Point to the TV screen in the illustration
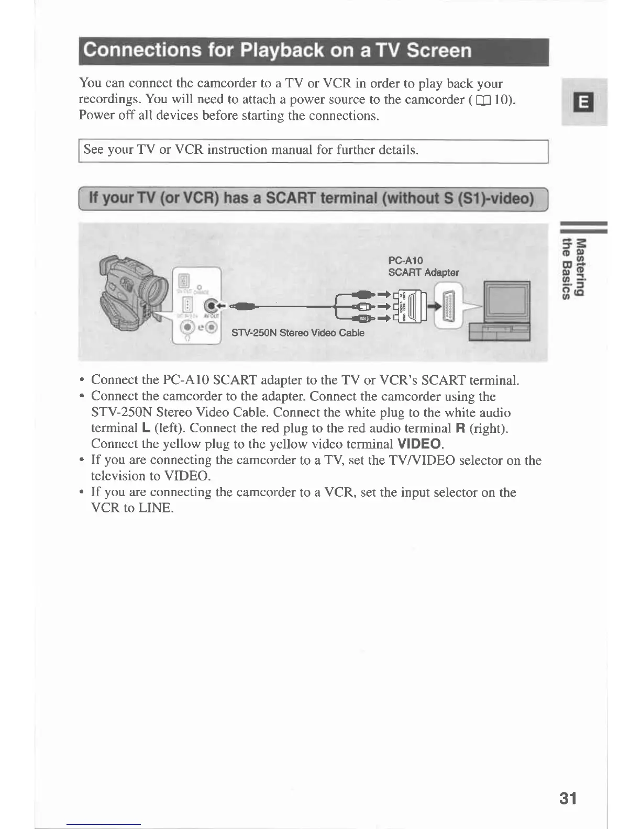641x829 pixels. tap(506, 303)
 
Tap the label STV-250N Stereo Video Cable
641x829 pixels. tap(297, 333)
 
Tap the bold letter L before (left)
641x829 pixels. tap(147, 429)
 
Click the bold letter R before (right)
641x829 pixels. tap(461, 429)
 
